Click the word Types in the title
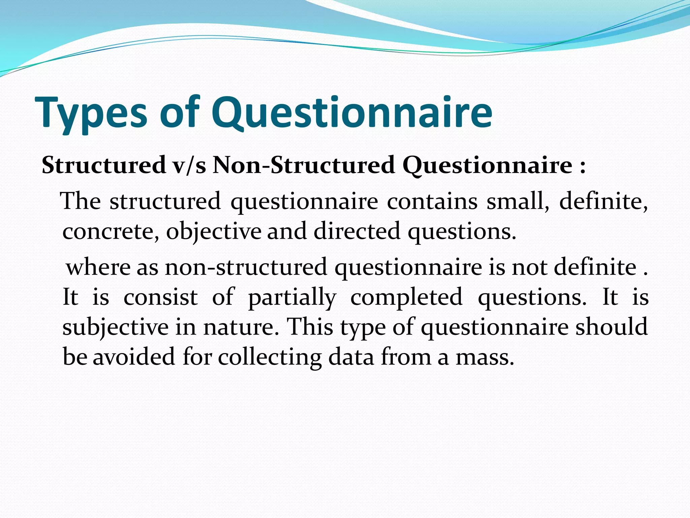coord(91,113)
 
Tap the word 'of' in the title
coord(179,113)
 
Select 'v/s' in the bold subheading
coord(189,166)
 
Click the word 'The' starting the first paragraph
coord(81,201)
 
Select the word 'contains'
coord(432,201)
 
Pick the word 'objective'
coord(214,231)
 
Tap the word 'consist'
coord(160,297)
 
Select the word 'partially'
coord(292,297)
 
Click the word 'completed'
coord(406,297)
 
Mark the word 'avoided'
coord(134,357)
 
